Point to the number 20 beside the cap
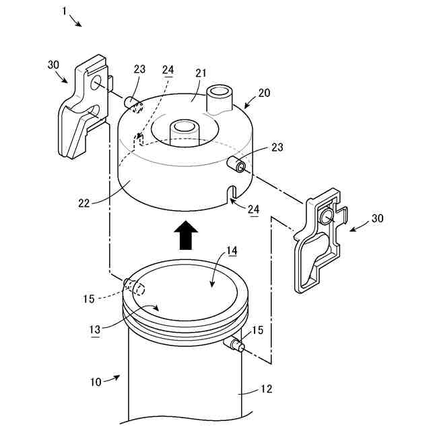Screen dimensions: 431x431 [x=266, y=93]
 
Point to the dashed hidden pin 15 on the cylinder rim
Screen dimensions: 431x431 [x=133, y=288]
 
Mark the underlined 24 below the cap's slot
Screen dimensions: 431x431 [x=253, y=209]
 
